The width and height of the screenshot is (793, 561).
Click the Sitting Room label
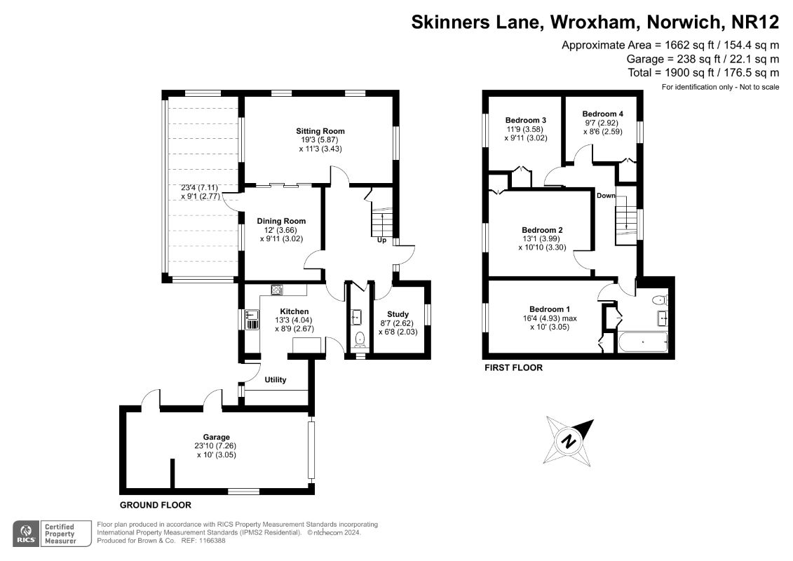pyautogui.click(x=320, y=131)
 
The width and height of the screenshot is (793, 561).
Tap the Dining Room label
pyautogui.click(x=281, y=221)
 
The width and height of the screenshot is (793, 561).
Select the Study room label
pyautogui.click(x=398, y=314)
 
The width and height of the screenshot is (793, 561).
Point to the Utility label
pyautogui.click(x=276, y=380)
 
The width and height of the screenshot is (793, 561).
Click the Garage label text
pyautogui.click(x=217, y=437)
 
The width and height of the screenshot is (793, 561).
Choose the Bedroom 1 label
pyautogui.click(x=550, y=309)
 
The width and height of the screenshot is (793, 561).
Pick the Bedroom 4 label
pyautogui.click(x=602, y=114)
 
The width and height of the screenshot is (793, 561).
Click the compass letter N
pyautogui.click(x=569, y=442)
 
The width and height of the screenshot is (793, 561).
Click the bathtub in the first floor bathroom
pyautogui.click(x=643, y=343)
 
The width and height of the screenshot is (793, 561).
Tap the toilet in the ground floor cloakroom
pyautogui.click(x=360, y=340)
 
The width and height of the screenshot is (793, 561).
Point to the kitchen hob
pyautogui.click(x=277, y=290)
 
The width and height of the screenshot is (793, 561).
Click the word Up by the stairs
pyautogui.click(x=382, y=240)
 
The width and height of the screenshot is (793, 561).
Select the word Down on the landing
pyautogui.click(x=606, y=196)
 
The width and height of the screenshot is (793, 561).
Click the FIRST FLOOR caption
pyautogui.click(x=513, y=367)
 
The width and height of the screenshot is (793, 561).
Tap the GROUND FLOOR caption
pyautogui.click(x=155, y=505)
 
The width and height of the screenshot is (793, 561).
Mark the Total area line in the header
pyautogui.click(x=703, y=72)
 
